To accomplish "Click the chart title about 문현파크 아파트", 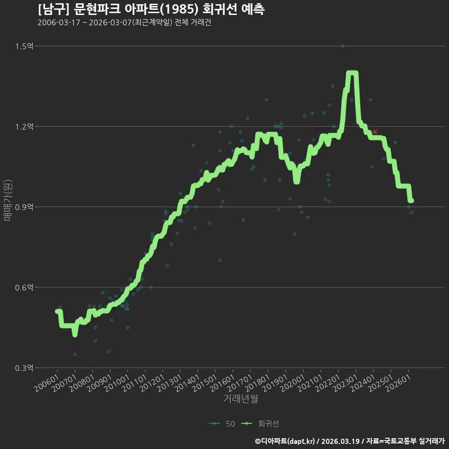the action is pos(151,9).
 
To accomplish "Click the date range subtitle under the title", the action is pos(124,22).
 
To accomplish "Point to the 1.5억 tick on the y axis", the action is pos(24,46).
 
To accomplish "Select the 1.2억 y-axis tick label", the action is pos(24,127).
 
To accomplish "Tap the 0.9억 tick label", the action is pos(24,207).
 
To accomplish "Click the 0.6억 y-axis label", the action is pos(24,288).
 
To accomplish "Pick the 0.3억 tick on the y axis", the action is pos(24,368).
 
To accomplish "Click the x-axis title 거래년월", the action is pos(240,398).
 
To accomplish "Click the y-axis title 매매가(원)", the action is pos(7,200).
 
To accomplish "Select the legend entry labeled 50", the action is pos(222,424).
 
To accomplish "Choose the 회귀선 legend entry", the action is pos(260,424).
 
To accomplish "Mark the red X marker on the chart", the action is pos(375,132).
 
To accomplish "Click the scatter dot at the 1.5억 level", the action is pos(342,46).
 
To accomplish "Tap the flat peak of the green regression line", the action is pos(352,73).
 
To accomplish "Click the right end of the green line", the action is pos(412,201).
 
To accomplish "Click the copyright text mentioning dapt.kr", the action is pos(350,441).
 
